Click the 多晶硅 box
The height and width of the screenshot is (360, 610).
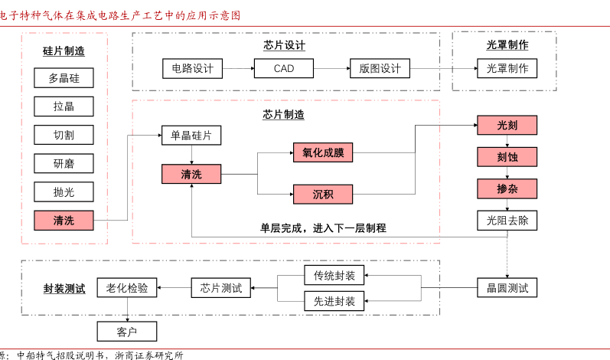tap(64, 77)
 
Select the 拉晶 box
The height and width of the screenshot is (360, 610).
tap(64, 106)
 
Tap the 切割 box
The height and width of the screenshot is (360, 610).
tap(64, 135)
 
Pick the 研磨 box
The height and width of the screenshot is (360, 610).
tap(64, 163)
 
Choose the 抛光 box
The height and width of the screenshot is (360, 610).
tap(64, 191)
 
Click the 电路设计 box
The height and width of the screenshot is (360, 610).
tap(192, 68)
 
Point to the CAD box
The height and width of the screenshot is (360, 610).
tap(284, 68)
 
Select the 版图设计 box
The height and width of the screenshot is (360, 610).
tap(380, 68)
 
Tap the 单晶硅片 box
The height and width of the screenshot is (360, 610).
tap(191, 136)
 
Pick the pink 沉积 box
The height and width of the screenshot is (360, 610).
tap(323, 194)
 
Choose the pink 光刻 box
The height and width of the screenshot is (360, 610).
tap(507, 126)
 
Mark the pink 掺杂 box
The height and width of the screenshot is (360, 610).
tap(507, 188)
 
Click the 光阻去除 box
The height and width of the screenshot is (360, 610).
tap(507, 221)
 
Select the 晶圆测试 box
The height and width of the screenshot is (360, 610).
tap(507, 288)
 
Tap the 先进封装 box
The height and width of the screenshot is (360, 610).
tap(334, 300)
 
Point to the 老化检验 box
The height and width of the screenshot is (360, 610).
tap(126, 288)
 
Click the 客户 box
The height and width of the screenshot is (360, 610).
tap(126, 331)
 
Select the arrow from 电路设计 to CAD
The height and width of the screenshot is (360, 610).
tap(238, 68)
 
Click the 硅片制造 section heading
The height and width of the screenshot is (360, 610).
tap(64, 51)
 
